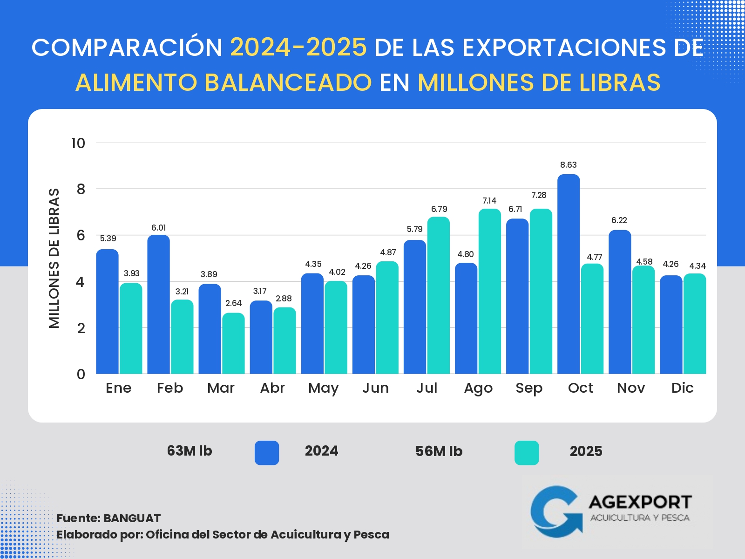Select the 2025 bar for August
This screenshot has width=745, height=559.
[x=489, y=291]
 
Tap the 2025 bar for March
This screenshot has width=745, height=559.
[x=233, y=343]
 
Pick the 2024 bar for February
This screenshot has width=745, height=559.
[x=158, y=304]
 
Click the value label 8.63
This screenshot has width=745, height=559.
[x=568, y=165]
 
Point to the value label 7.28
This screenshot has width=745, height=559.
[x=539, y=195]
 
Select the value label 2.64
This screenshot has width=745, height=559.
[x=233, y=303]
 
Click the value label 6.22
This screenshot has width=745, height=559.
[x=619, y=220]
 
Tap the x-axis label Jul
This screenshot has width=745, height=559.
[x=427, y=388]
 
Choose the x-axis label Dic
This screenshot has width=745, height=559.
[x=682, y=388]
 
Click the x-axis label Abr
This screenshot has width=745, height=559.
[x=272, y=388]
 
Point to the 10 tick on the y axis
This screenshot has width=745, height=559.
[x=78, y=143]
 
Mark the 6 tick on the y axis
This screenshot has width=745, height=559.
[x=81, y=235]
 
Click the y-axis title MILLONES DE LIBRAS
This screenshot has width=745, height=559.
[x=54, y=259]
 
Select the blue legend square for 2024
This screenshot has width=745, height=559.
[x=267, y=453]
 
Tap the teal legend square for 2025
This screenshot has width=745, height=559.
[x=527, y=453]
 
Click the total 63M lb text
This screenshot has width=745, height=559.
[x=190, y=451]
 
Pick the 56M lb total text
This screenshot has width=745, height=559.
[x=439, y=451]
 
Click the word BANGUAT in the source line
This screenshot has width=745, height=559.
[x=132, y=518]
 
